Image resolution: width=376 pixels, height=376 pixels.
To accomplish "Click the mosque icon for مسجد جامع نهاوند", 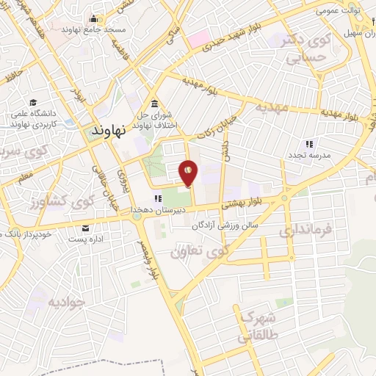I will pos(94,18).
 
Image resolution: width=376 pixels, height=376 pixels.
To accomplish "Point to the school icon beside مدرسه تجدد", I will pos(309,144).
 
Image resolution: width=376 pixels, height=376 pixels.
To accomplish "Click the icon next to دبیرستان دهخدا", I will pos(156,198).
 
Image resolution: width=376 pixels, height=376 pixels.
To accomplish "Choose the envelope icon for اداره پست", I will pos(87,228).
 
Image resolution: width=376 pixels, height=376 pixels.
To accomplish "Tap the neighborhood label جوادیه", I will pos(66,302).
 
